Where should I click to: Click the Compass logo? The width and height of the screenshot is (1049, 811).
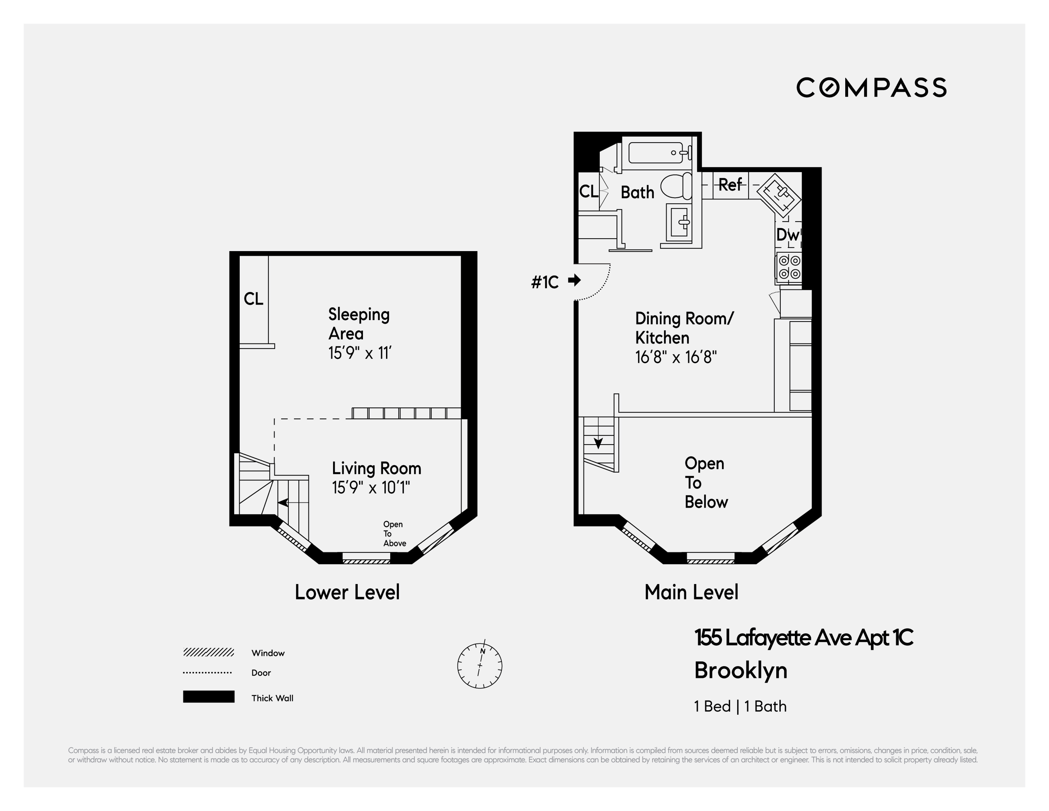(871, 87)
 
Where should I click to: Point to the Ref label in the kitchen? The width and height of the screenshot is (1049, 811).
(730, 185)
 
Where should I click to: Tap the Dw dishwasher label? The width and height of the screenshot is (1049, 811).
(787, 235)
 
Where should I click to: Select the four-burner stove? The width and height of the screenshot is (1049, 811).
(789, 267)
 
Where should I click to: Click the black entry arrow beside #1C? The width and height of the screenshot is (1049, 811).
(574, 280)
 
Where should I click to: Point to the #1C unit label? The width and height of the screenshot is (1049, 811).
(545, 282)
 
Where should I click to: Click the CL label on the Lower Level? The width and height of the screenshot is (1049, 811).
(253, 299)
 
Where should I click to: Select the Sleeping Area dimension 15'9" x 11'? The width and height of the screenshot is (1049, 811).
(360, 353)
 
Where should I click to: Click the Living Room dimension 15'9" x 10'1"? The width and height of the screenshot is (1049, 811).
(371, 488)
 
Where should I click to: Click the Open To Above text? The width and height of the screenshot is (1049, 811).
(394, 534)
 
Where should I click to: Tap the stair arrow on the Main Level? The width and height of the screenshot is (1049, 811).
(598, 442)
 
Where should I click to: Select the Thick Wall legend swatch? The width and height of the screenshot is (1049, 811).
(209, 697)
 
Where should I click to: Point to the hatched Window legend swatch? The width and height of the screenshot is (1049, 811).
(209, 652)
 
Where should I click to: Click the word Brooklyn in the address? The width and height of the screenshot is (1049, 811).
(740, 671)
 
